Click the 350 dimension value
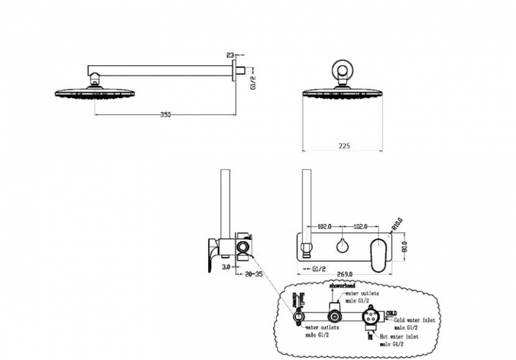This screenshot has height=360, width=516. click(165, 114)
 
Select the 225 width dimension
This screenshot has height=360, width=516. click(343, 146)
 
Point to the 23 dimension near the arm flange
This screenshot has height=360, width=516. click(231, 55)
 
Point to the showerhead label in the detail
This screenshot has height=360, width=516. click(342, 284)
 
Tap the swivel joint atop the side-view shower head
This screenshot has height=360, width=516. click(96, 81)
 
